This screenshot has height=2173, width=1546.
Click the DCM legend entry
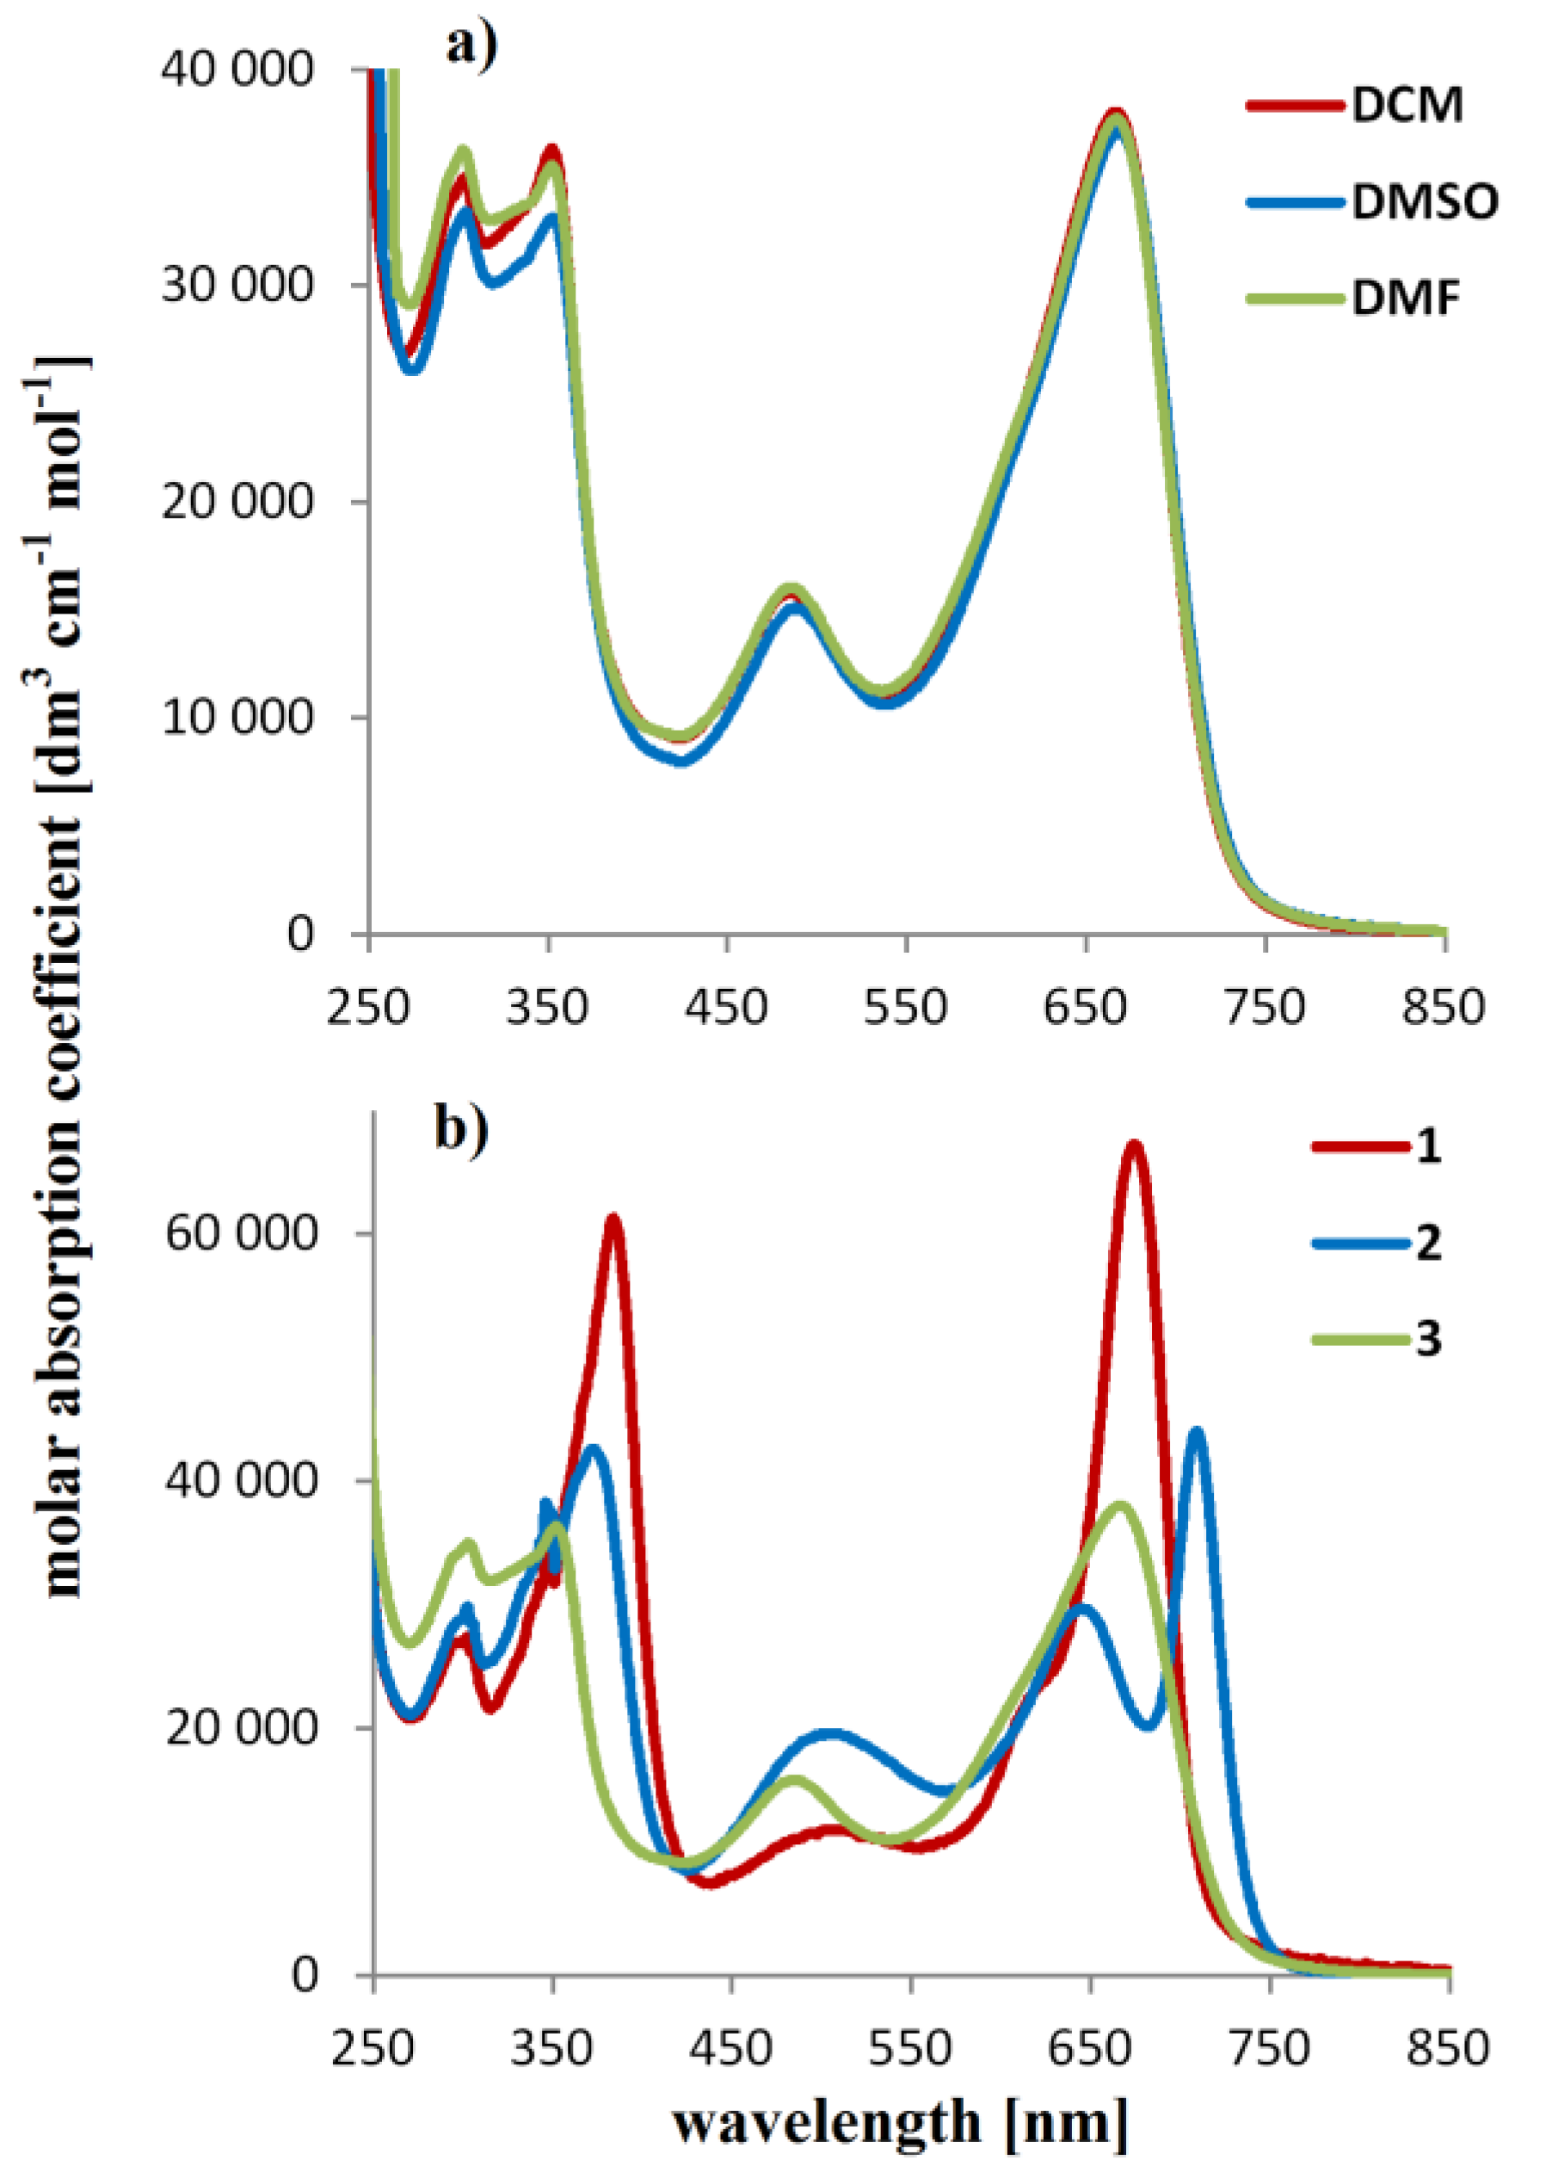tap(1406, 105)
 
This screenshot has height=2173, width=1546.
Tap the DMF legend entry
tap(1405, 299)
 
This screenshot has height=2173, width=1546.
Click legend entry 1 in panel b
tap(1427, 1145)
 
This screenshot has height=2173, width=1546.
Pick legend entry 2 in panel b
tap(1427, 1243)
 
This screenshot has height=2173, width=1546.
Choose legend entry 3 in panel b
tap(1427, 1339)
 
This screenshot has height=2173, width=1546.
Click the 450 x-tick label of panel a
tap(725, 1007)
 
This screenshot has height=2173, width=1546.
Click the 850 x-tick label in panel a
tap(1442, 1007)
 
